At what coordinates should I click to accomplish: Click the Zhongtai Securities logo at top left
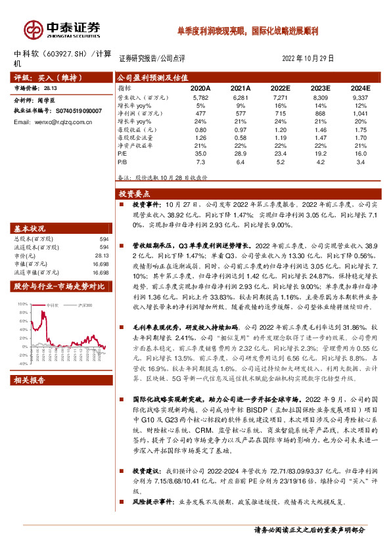point(62,28)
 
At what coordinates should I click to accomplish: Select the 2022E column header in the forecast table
point(280,87)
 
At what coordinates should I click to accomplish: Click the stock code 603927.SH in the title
point(68,55)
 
